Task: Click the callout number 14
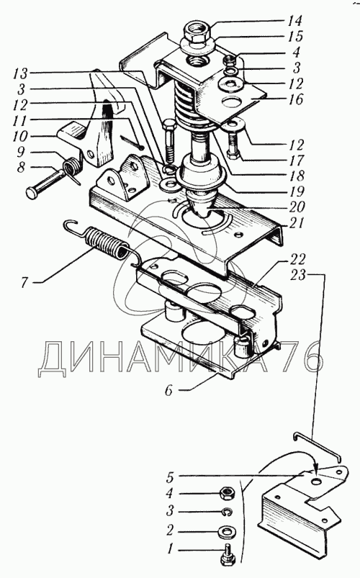tap(294, 21)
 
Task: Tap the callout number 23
tap(297, 275)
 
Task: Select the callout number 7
tap(24, 283)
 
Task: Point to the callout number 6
tap(168, 390)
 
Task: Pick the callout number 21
tap(297, 222)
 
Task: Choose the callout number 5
tap(170, 478)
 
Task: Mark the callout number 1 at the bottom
tap(170, 550)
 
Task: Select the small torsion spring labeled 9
tap(73, 169)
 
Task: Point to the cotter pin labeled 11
tap(131, 142)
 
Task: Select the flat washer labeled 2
tap(226, 531)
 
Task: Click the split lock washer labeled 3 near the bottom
tap(227, 512)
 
